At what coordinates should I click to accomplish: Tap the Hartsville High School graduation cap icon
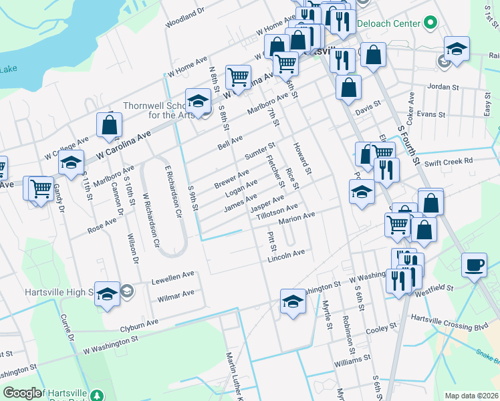click(107, 295)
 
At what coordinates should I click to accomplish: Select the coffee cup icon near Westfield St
click(474, 265)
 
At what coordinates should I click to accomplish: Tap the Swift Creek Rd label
click(448, 161)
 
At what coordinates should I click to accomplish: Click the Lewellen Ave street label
click(172, 277)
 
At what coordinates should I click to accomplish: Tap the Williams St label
click(352, 360)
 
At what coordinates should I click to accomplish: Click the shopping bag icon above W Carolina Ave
click(109, 124)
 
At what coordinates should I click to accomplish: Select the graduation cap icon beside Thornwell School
click(197, 102)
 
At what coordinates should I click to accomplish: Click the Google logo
click(22, 393)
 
